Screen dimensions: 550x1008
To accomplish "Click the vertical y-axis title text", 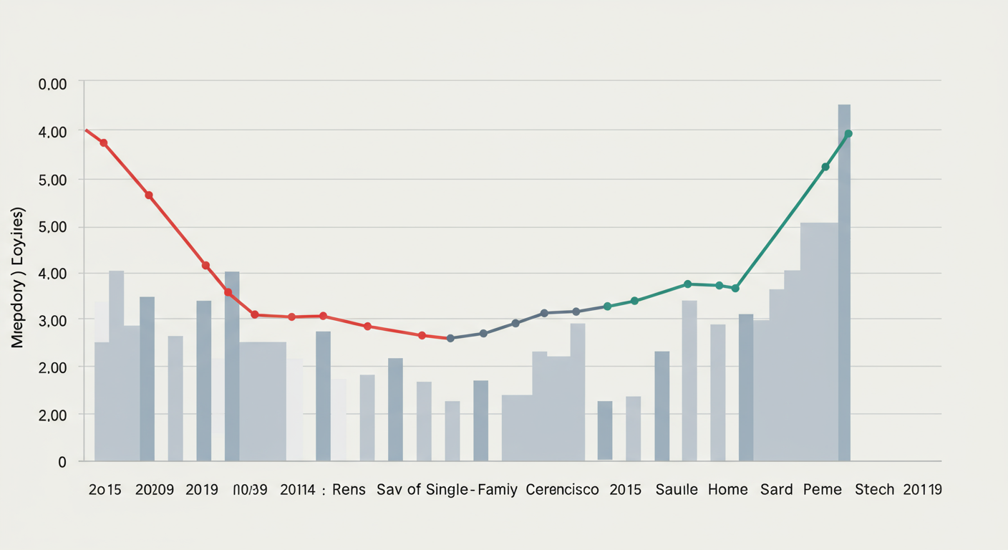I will pos(18,278).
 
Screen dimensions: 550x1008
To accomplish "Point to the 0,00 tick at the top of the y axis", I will pos(52,85).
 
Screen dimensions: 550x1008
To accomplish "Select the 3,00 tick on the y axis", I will pos(52,320).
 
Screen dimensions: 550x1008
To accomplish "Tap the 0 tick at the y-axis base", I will pos(62,463).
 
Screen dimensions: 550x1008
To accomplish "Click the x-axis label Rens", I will pos(349,490).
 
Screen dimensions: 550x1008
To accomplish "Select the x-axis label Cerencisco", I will pos(562,490).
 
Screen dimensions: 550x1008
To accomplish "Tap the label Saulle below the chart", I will pos(677,490).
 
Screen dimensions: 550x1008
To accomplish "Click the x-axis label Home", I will pos(727,490).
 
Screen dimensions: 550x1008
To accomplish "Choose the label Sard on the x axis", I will pos(777,490).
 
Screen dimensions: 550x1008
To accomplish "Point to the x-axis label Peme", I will pos(822,490).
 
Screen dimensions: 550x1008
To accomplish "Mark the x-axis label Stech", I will pos(874,490).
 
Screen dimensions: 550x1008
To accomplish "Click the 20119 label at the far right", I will pos(922,490).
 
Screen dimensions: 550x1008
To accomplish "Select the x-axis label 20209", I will pos(154,490).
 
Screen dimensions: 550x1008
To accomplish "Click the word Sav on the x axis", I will pos(390,490).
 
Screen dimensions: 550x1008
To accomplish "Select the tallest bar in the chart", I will pos(844,282).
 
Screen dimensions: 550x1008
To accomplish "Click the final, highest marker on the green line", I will pos(848,134).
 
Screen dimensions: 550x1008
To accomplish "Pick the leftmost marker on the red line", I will pos(104,143).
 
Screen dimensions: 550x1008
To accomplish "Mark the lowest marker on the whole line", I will pos(450,338).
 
